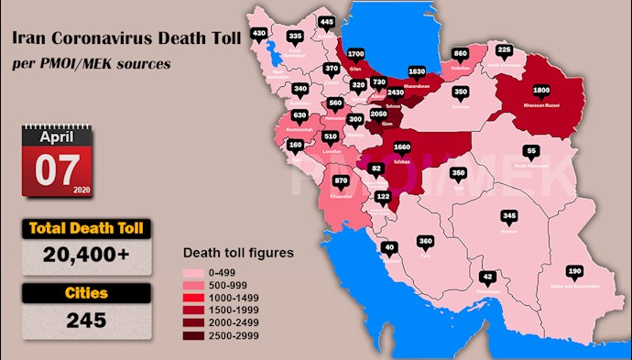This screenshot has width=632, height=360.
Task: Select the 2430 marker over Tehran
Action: click(395, 93)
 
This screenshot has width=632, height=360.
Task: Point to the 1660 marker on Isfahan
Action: click(400, 146)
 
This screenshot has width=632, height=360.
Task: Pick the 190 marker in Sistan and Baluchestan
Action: click(574, 272)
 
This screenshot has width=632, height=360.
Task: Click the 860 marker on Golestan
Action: click(461, 53)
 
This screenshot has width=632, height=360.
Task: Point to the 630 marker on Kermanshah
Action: click(300, 115)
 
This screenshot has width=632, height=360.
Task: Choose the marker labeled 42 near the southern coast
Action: click(488, 277)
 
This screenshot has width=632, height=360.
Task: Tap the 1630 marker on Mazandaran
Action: click(416, 71)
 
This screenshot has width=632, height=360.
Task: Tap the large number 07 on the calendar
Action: click(58, 169)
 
